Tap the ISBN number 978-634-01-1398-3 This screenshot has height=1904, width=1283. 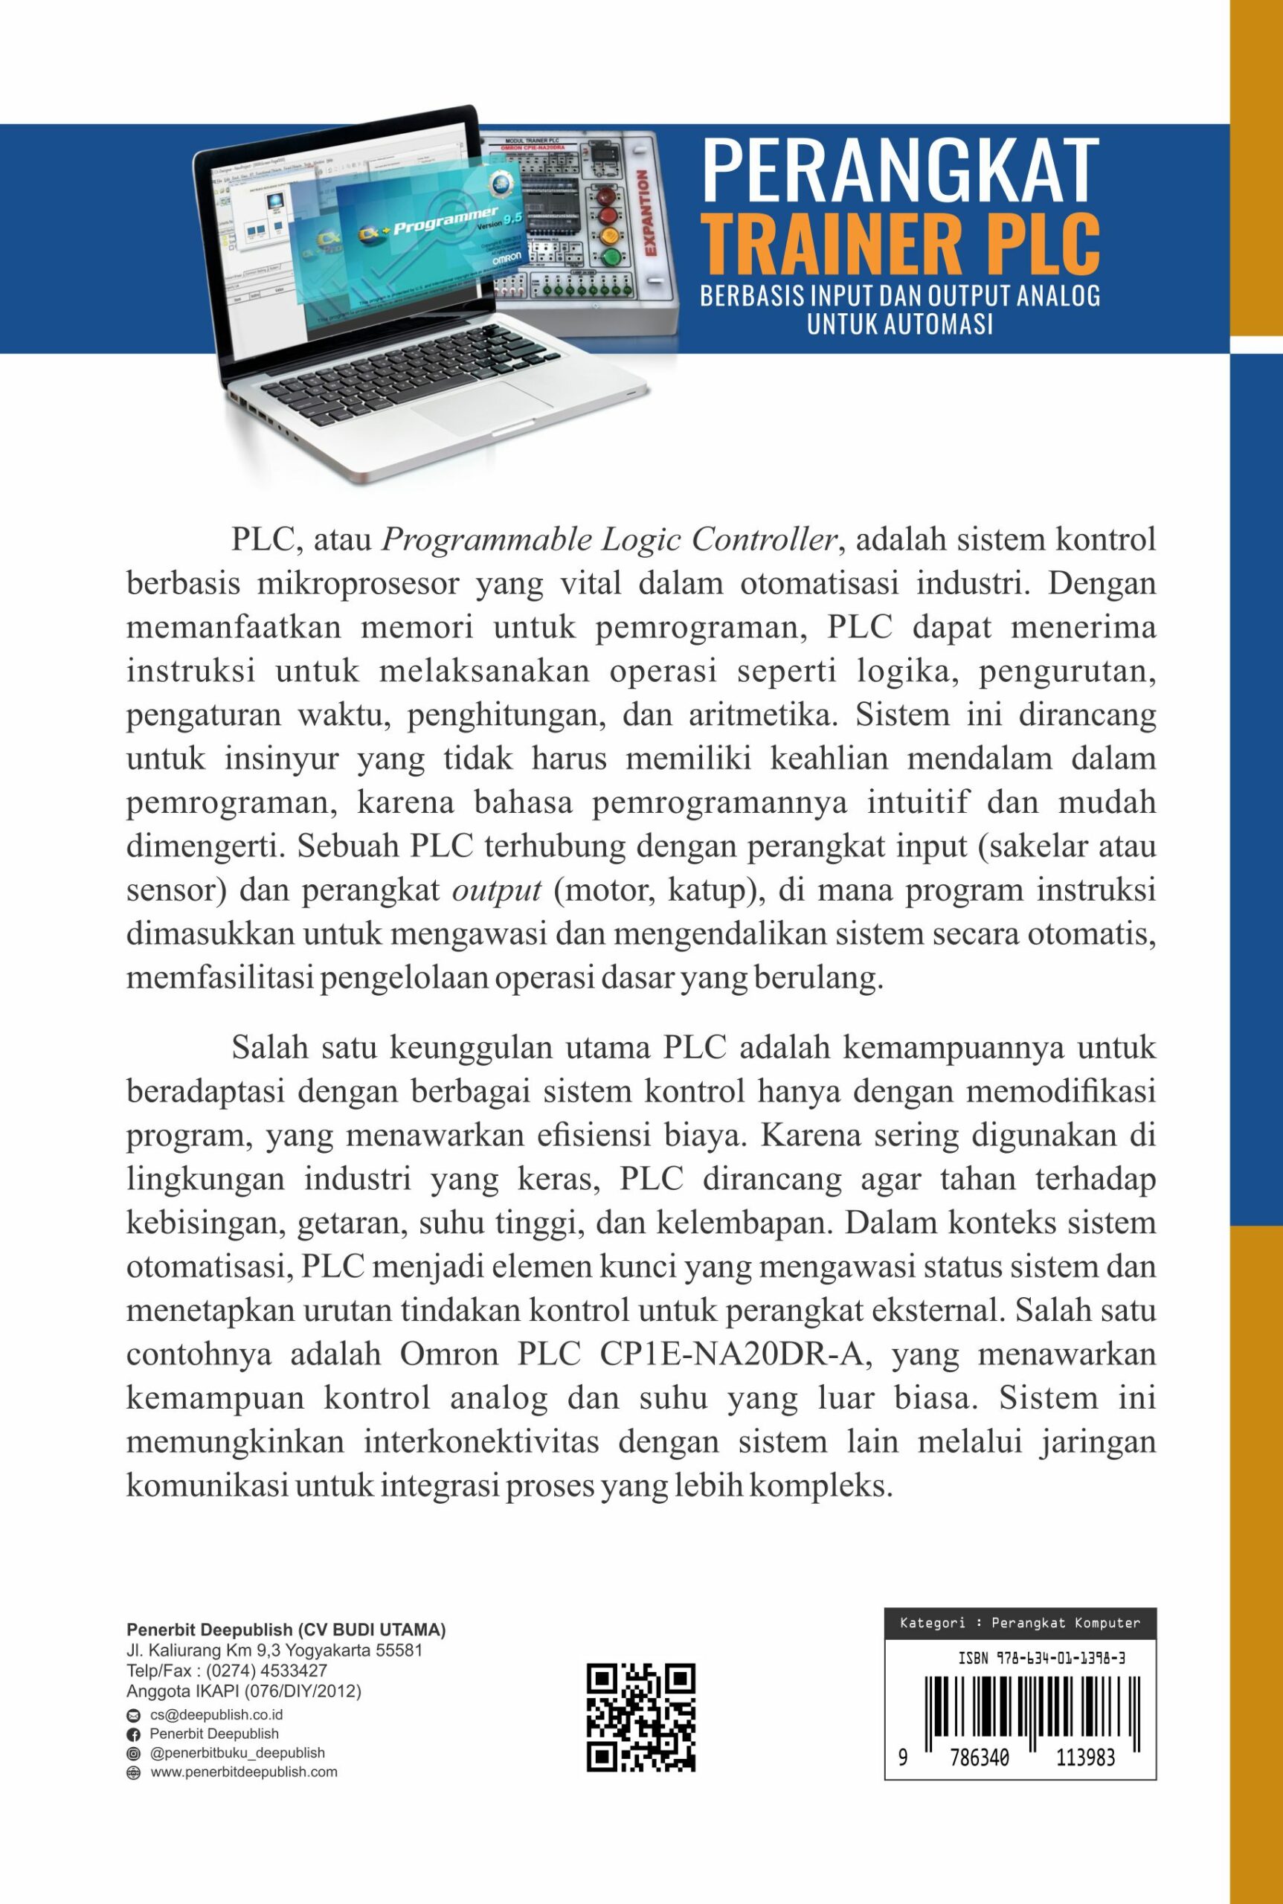tap(1041, 1659)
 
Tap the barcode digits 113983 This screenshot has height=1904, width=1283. tap(1085, 1758)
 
